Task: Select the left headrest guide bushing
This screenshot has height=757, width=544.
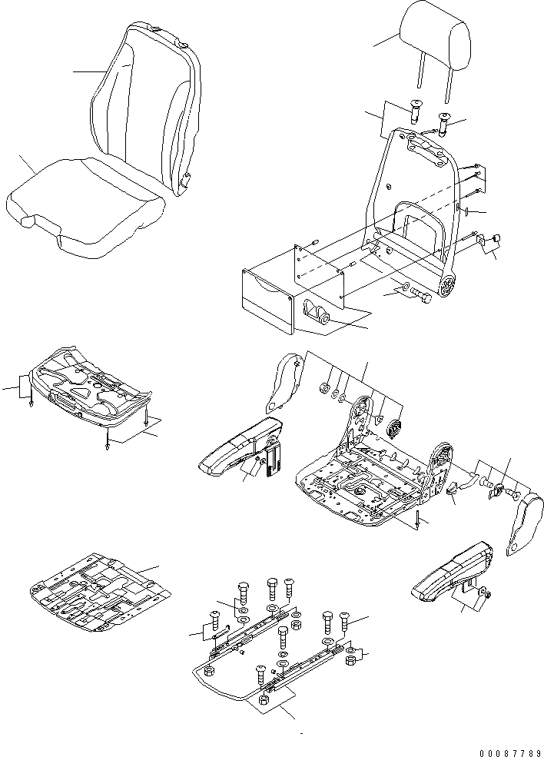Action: tap(415, 112)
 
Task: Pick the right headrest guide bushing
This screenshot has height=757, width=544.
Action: tap(443, 120)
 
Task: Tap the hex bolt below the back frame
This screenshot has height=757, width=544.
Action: tap(418, 294)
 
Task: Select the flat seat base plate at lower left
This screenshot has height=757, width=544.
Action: tap(100, 593)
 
